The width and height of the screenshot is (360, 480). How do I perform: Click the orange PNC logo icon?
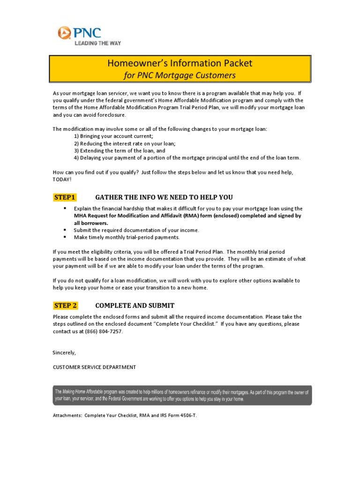(64, 33)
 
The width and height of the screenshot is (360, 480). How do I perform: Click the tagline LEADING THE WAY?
(98, 43)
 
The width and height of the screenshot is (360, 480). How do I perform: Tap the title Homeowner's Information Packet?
(180, 63)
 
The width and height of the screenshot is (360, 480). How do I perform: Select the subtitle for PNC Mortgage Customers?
(180, 75)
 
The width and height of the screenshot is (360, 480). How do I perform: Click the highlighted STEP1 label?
(65, 197)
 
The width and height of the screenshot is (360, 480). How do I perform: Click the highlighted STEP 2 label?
(65, 306)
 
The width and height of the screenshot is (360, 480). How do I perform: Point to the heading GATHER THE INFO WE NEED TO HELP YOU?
(164, 197)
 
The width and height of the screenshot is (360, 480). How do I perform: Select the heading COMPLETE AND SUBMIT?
(135, 306)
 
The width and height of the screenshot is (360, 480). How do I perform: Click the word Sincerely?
(64, 352)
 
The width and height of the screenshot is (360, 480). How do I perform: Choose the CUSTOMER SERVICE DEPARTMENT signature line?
(94, 367)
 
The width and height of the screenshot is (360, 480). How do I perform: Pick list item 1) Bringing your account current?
(113, 136)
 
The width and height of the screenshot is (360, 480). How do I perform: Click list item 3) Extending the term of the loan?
(120, 151)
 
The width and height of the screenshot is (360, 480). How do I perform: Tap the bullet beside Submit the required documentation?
(65, 230)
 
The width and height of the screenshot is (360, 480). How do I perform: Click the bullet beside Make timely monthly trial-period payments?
(65, 237)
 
